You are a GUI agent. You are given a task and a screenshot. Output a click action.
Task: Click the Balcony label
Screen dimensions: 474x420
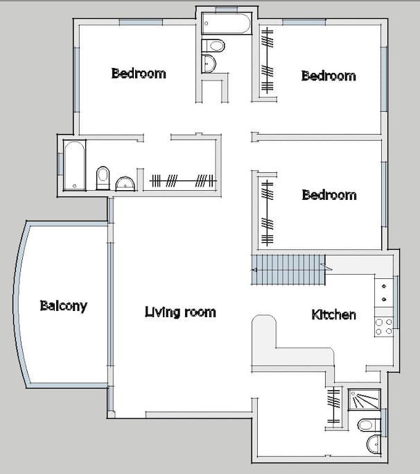coord(63,306)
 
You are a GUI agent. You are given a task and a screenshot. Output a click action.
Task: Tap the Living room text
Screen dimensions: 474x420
coord(180,312)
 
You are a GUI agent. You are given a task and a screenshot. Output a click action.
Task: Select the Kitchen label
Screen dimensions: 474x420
coord(333,315)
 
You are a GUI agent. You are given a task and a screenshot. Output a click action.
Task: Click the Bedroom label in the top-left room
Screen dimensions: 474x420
coord(139,74)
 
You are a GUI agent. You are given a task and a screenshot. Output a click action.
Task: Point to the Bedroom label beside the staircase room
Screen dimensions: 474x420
coord(329,195)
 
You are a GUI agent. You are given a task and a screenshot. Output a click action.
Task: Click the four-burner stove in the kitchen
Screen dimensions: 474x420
coord(383,326)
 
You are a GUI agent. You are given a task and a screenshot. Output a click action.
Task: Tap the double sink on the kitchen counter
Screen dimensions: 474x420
coord(383,292)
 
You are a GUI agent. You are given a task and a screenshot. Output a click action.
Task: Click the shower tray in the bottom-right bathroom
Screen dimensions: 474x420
coord(365,400)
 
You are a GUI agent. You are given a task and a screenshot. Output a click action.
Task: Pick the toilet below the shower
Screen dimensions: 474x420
coord(367,424)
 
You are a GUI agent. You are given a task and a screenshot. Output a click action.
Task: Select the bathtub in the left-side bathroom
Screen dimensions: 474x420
coord(73,164)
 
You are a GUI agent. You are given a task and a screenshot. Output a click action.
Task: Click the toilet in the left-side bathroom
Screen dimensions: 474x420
coord(103,178)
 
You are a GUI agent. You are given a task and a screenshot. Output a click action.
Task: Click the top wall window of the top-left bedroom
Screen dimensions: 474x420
coord(141,22)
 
